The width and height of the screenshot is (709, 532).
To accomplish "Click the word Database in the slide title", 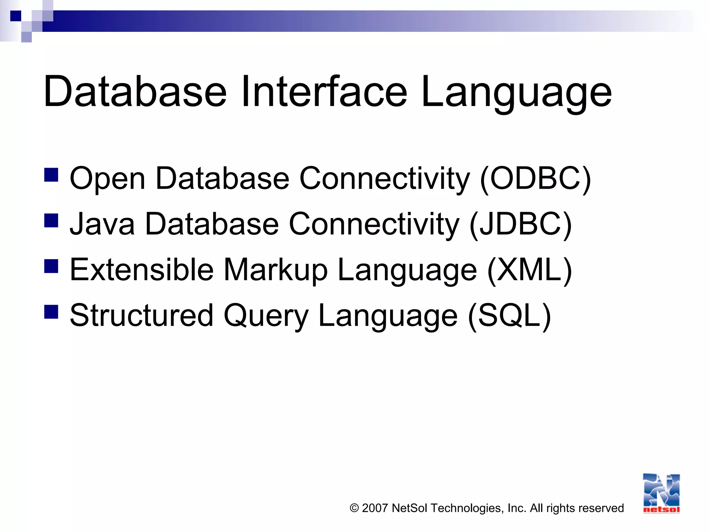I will pyautogui.click(x=135, y=92).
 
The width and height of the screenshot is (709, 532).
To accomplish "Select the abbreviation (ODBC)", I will pyautogui.click(x=535, y=179).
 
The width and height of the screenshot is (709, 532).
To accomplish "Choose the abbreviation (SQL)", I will pyautogui.click(x=509, y=316).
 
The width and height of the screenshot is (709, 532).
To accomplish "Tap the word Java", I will pyautogui.click(x=102, y=224).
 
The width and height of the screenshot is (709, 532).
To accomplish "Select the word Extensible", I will pyautogui.click(x=142, y=270).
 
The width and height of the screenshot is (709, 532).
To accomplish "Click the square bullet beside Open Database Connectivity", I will pyautogui.click(x=51, y=175).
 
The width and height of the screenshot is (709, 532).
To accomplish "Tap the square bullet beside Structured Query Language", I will pyautogui.click(x=51, y=311).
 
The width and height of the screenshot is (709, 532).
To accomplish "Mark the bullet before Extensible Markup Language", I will pyautogui.click(x=51, y=266).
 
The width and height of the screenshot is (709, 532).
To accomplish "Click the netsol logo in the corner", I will pyautogui.click(x=661, y=493).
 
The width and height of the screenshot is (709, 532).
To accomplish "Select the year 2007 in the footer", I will pyautogui.click(x=375, y=508).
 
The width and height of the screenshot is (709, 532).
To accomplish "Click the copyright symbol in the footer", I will pyautogui.click(x=354, y=508).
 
